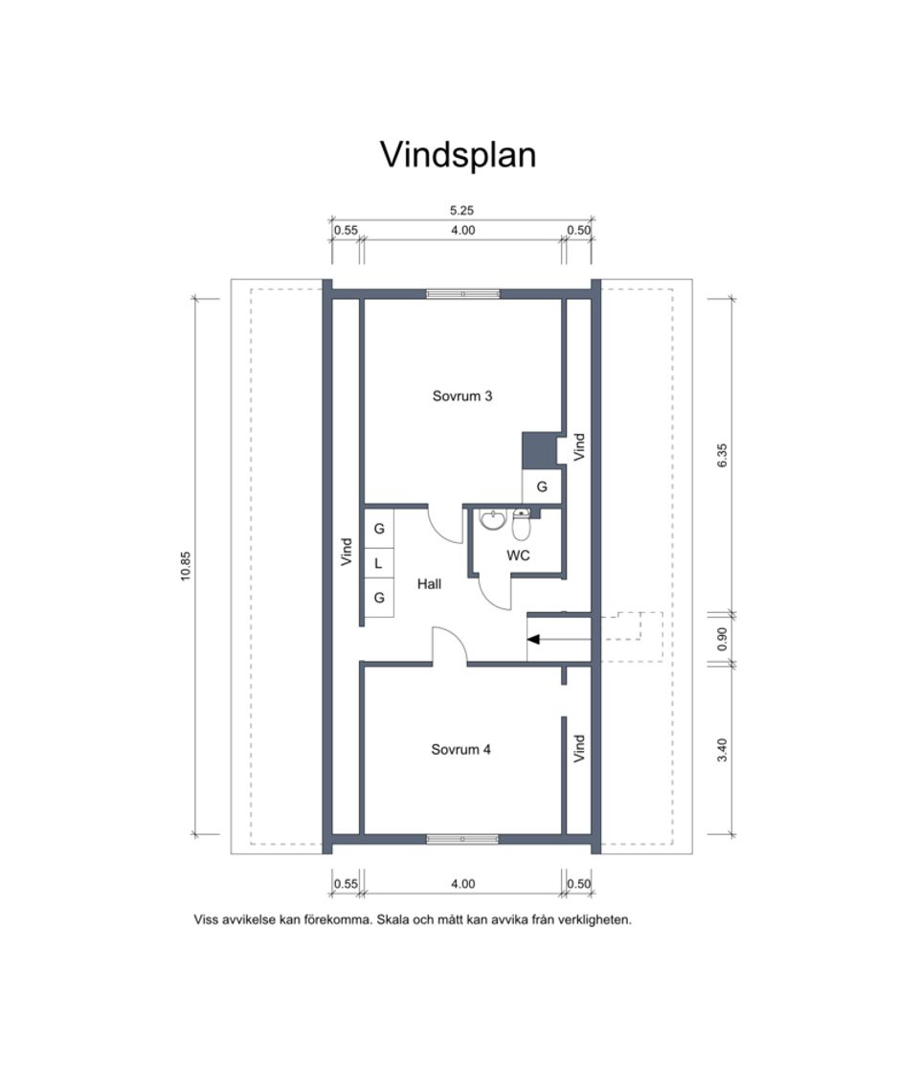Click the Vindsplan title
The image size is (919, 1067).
point(459,154)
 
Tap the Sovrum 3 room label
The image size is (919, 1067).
point(462,395)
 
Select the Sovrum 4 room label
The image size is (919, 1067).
point(460,750)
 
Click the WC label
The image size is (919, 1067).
point(519,555)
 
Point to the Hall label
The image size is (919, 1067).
point(429,582)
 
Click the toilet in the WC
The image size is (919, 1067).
point(521,525)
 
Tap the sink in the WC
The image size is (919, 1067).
point(493,520)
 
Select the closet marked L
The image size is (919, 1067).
point(379,563)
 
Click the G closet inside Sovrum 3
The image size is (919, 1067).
point(542,487)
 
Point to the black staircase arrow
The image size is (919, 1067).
point(534,638)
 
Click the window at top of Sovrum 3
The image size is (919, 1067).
point(462,294)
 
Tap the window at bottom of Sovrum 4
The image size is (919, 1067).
point(462,839)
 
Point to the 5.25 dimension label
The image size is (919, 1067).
point(462,210)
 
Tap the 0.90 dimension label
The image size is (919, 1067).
point(723,638)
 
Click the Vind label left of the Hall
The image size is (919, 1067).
point(347,552)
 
